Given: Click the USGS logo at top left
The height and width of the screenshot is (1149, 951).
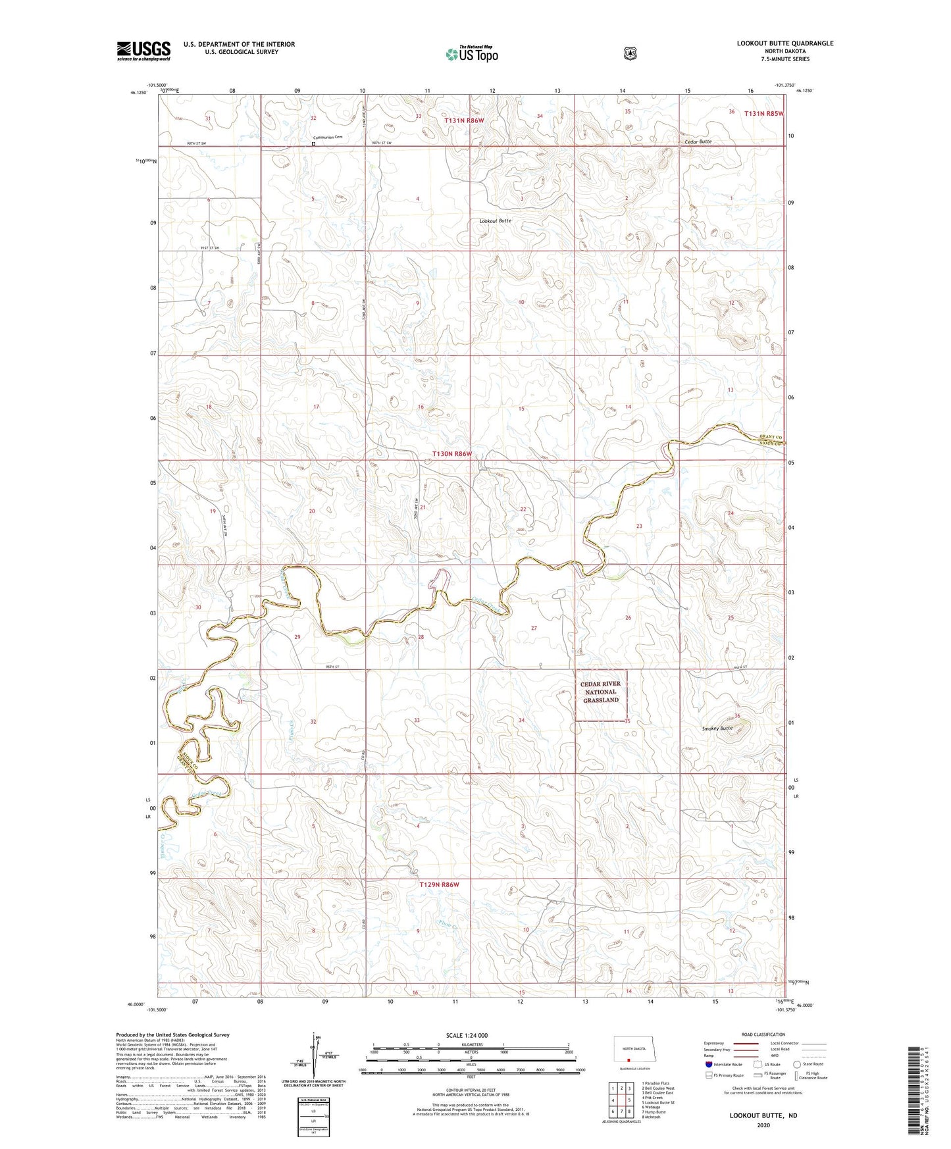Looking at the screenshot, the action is pyautogui.click(x=143, y=51).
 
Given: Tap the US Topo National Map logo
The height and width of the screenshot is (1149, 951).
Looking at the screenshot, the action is pyautogui.click(x=472, y=53).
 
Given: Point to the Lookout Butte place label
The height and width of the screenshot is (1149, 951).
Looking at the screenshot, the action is pyautogui.click(x=495, y=221).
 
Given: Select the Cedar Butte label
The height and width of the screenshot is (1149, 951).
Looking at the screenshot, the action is pyautogui.click(x=698, y=141).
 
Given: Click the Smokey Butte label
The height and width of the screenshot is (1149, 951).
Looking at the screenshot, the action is pyautogui.click(x=717, y=728).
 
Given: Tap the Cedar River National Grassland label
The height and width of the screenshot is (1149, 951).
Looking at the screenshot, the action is pyautogui.click(x=600, y=692).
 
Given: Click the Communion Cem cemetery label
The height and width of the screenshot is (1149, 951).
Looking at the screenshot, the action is pyautogui.click(x=328, y=138).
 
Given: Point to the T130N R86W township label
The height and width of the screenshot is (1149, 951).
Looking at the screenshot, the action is pyautogui.click(x=452, y=454).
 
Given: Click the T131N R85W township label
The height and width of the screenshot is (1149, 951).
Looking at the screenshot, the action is pyautogui.click(x=763, y=113).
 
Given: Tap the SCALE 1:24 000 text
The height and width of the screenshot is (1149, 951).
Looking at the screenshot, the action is pyautogui.click(x=467, y=1035).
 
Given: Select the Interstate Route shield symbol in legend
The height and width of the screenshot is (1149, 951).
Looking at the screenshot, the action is pyautogui.click(x=708, y=1064).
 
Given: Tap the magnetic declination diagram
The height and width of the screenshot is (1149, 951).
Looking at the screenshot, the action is pyautogui.click(x=313, y=1060).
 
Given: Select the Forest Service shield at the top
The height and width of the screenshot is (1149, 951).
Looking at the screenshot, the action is pyautogui.click(x=630, y=53).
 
